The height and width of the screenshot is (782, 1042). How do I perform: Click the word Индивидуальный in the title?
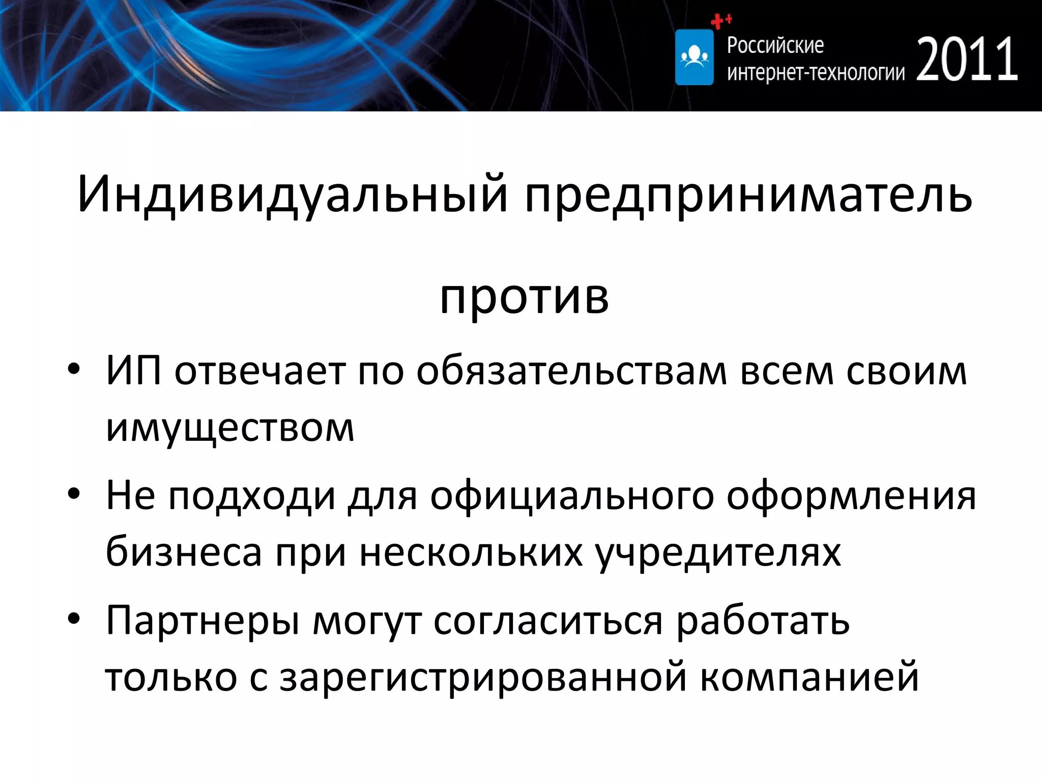point(293,194)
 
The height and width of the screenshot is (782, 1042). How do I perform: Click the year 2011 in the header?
point(967,60)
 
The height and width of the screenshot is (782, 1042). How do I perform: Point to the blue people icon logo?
point(694,57)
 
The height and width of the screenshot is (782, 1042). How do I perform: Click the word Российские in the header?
point(775,45)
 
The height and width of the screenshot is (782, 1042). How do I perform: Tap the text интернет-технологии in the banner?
point(816,73)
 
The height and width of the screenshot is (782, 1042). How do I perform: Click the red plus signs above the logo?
point(720,21)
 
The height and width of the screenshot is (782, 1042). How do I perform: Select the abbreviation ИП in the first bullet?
point(133,370)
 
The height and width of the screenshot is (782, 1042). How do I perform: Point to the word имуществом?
point(229,428)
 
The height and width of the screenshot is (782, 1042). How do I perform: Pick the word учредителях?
point(718,552)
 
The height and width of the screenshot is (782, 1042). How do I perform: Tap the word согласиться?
point(548,622)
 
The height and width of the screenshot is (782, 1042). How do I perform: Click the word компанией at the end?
point(809,677)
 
